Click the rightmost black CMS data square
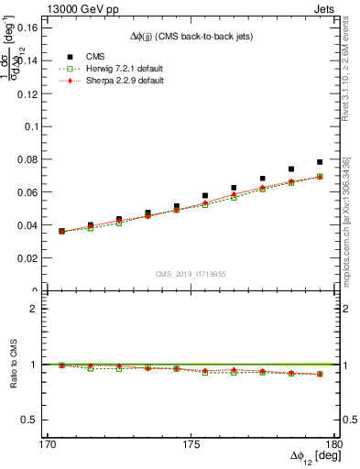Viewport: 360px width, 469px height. [320, 162]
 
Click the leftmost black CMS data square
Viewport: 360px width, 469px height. [62, 231]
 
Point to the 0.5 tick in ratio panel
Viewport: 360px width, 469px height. [29, 420]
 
